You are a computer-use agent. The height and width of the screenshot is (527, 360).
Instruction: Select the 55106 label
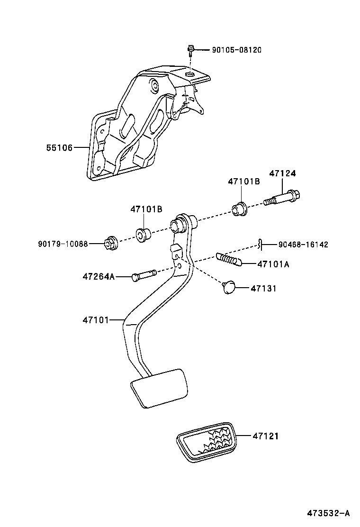59,148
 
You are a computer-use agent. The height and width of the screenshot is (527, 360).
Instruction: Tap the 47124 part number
282,173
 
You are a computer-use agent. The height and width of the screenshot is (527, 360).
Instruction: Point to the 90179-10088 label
63,244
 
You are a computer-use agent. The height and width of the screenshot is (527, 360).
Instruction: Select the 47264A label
99,276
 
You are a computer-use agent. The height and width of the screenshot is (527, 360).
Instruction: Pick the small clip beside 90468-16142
261,244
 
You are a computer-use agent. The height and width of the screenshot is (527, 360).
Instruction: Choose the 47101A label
273,264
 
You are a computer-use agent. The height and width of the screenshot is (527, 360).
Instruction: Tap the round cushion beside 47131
229,286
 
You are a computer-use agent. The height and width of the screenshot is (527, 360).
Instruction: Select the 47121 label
265,436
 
